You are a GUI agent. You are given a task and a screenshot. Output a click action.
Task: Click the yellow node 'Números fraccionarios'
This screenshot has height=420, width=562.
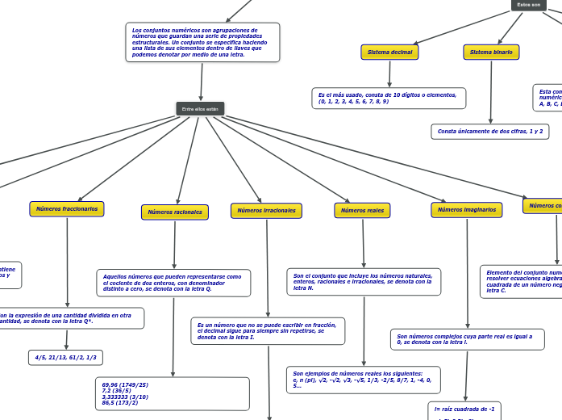(67, 209)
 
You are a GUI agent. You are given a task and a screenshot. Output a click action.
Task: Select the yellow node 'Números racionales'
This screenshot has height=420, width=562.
(175, 212)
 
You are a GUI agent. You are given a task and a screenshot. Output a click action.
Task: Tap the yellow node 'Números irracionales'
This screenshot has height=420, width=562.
(266, 211)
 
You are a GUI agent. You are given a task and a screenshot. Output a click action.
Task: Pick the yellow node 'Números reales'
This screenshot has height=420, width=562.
(362, 211)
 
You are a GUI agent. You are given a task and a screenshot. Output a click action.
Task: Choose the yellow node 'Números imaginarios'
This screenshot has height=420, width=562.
(466, 210)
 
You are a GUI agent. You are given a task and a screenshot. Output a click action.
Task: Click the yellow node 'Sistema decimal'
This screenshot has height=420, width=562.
(389, 52)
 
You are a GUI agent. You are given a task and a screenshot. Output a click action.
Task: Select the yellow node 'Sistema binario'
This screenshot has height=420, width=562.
(491, 52)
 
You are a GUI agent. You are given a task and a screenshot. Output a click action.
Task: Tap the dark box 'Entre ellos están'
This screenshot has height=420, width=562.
(200, 109)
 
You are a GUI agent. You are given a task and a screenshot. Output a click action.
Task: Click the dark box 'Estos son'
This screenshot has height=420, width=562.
(529, 5)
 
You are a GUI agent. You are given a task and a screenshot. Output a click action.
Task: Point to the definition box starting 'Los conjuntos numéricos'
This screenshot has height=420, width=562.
(203, 42)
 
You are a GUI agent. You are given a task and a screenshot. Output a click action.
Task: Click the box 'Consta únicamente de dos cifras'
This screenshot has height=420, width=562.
(490, 131)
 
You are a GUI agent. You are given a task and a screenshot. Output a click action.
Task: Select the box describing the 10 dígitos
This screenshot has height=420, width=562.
(389, 99)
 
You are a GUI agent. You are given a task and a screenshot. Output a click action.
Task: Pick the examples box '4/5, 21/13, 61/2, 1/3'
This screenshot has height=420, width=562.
(65, 357)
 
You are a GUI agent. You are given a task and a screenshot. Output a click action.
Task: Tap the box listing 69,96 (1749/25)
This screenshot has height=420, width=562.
(172, 393)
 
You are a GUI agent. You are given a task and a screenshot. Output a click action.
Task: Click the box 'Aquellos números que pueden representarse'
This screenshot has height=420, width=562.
(173, 283)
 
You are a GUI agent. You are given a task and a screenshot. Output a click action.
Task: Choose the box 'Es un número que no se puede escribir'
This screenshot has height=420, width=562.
(268, 331)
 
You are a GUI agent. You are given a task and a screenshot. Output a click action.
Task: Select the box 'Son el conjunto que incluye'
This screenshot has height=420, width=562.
(364, 282)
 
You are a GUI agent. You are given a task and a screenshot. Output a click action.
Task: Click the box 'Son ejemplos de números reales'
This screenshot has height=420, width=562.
(363, 380)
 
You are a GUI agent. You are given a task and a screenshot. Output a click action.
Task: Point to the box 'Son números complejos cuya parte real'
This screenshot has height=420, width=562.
(467, 339)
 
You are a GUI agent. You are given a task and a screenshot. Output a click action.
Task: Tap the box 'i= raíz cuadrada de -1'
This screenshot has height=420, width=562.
(464, 409)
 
